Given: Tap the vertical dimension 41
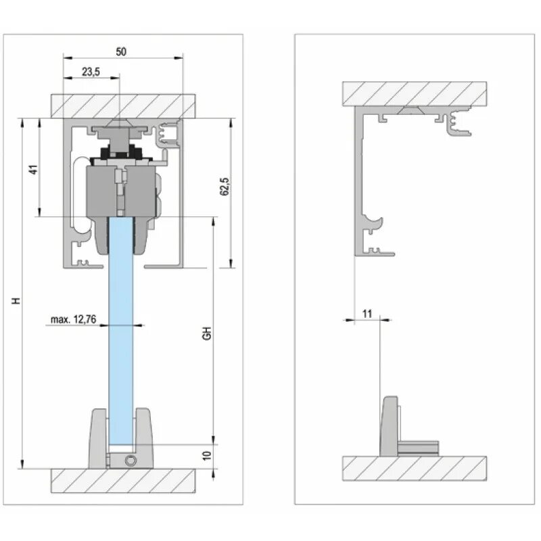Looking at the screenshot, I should click(x=32, y=169).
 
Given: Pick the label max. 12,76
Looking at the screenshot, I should click(x=73, y=319).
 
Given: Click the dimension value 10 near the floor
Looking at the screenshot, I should click(x=208, y=456).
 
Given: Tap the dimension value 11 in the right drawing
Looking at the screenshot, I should click(x=367, y=313).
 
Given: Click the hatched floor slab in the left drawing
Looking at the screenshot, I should click(x=124, y=480).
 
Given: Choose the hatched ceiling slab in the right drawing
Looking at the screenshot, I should click(x=414, y=93).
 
